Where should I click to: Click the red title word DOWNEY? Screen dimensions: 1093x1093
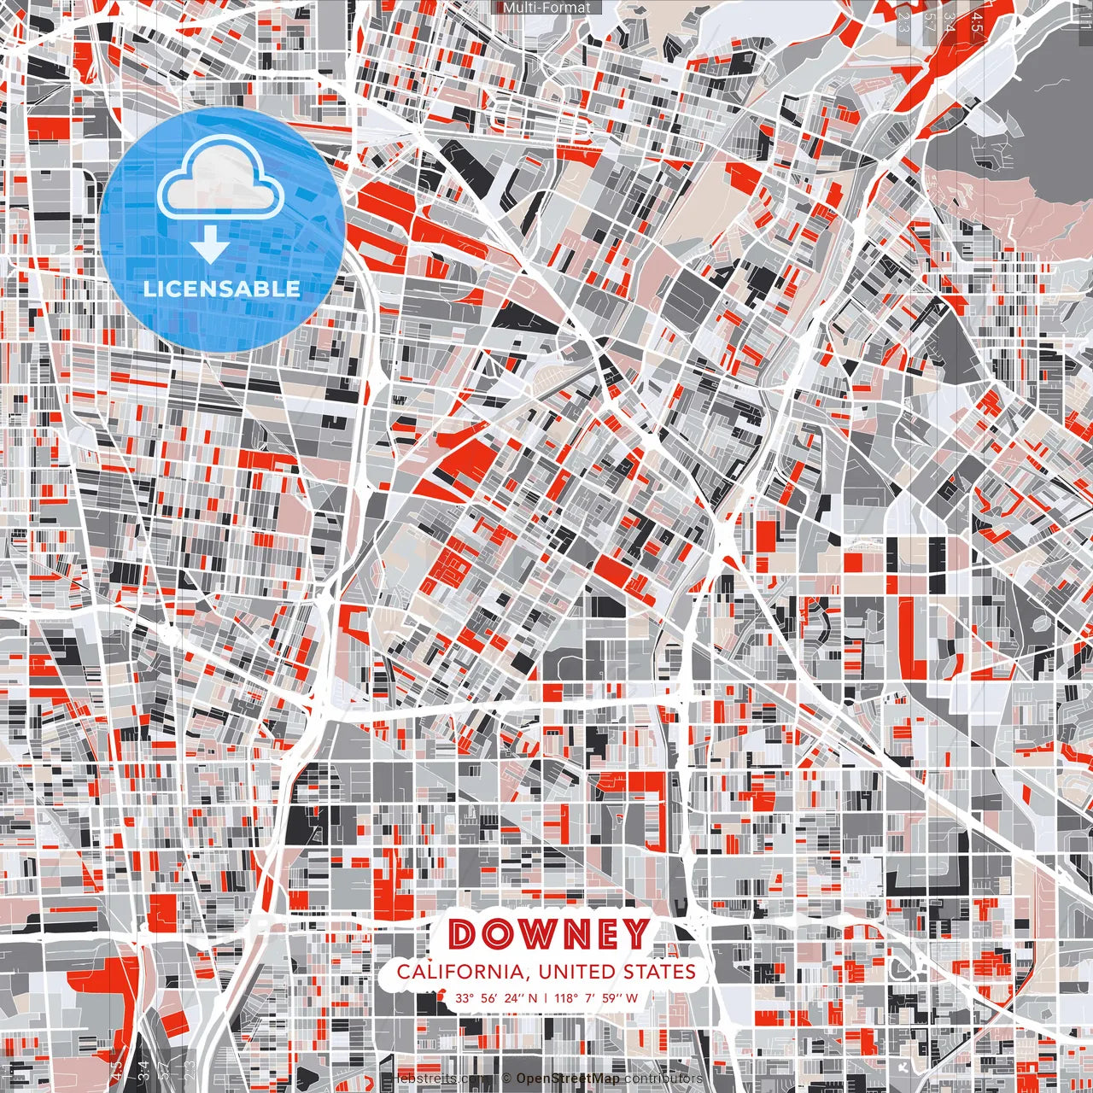click(547, 934)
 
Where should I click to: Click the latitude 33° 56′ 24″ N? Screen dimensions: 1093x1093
click(496, 997)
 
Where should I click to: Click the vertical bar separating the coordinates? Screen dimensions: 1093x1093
click(546, 997)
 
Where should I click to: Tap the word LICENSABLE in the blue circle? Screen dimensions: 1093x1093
click(222, 289)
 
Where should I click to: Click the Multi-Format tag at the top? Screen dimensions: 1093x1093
click(546, 8)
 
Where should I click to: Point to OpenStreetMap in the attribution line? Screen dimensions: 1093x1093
click(567, 1078)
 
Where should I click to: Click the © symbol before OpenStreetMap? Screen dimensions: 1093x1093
click(506, 1078)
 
